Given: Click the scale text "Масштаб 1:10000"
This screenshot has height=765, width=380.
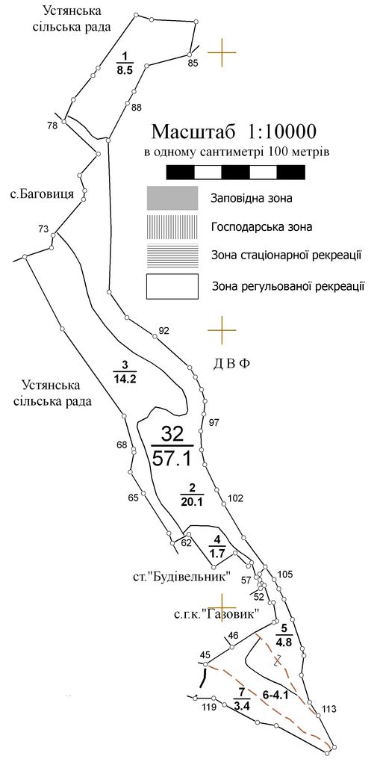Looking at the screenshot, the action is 234,131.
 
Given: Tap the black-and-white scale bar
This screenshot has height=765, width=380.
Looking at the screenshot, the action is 236,173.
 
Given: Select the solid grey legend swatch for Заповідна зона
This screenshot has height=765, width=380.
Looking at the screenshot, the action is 172,198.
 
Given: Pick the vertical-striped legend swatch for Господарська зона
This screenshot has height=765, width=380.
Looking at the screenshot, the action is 172,226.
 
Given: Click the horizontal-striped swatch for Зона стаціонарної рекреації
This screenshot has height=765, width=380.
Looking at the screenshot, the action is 172,255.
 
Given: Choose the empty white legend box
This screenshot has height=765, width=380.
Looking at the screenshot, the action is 172,286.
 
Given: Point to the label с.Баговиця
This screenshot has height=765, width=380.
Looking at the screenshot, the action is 42,194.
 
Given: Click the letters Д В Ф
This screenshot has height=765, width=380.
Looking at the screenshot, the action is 231,364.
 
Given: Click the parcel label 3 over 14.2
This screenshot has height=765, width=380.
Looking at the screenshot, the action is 125,372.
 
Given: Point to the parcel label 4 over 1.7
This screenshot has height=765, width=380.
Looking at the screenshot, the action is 217,546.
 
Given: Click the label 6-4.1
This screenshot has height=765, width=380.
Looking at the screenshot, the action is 276,696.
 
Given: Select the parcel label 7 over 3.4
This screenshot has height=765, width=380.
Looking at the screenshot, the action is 241,699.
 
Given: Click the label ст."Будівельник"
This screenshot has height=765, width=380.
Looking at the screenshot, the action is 182,577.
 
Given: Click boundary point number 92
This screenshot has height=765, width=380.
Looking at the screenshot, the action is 163,331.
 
